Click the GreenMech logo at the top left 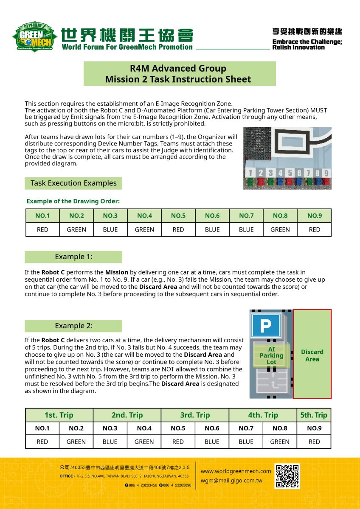point(34,36)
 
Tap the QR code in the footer point(287,476)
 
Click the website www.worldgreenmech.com point(236,471)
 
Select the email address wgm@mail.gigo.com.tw point(231,481)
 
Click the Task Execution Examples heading point(73,183)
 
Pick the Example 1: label point(73,257)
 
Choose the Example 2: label point(73,326)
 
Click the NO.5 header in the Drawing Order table point(178,216)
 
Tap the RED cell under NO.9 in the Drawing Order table point(314,229)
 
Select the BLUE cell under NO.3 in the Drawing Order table point(110,229)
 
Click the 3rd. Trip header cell point(195,415)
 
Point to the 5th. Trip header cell point(314,415)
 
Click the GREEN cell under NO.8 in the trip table point(280,442)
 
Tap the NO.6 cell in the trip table point(212,428)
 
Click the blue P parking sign point(266,326)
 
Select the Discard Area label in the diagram point(312,355)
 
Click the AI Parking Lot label point(271,355)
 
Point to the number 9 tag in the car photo point(326,173)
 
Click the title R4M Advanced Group point(178,68)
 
